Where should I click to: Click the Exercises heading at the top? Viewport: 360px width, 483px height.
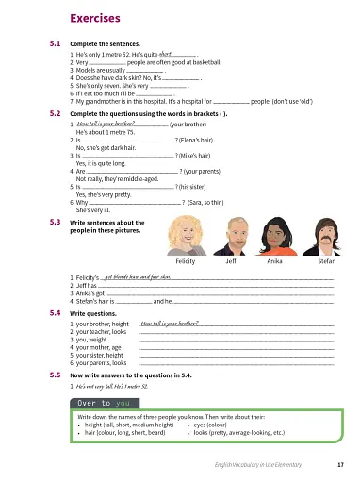(x=95, y=18)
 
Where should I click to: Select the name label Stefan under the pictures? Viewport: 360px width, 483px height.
(x=325, y=260)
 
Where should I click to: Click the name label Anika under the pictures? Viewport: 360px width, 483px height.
(x=275, y=260)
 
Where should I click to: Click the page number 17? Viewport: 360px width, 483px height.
(x=338, y=464)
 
